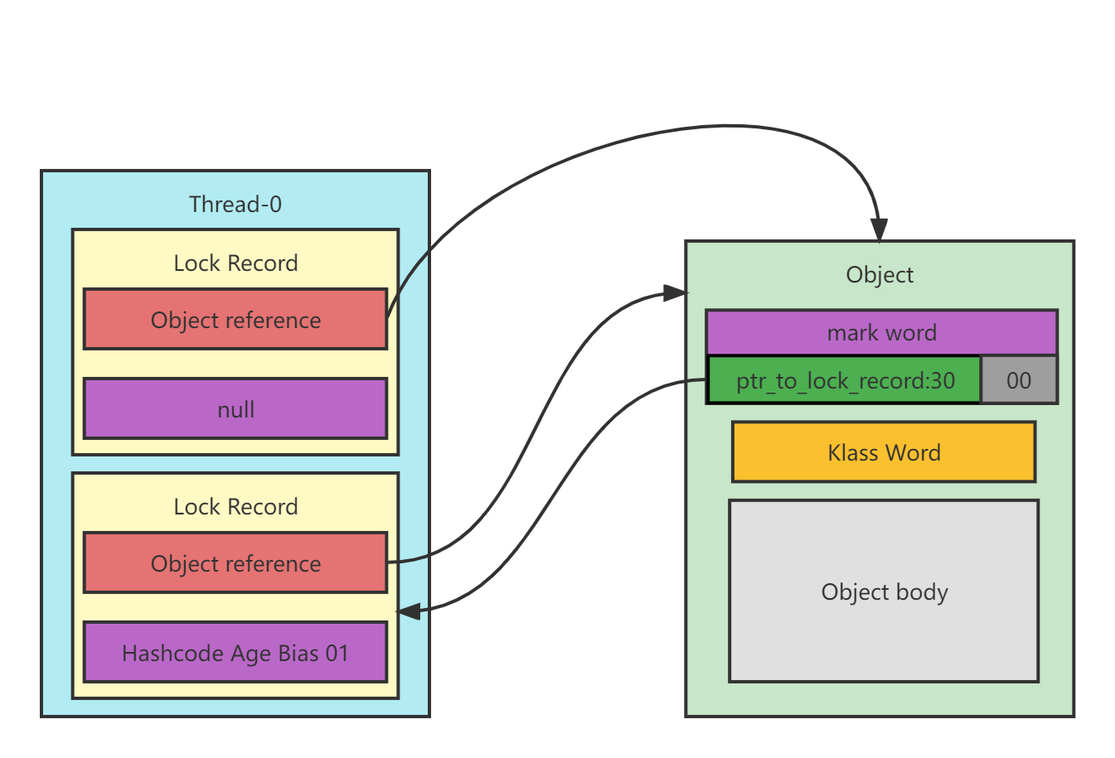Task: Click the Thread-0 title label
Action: point(235,204)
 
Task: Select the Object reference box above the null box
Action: point(235,320)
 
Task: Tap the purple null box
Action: point(235,409)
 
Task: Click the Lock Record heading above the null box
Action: point(235,263)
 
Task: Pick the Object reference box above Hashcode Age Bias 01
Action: point(235,563)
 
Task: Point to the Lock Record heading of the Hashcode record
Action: point(235,507)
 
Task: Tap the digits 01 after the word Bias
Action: point(337,654)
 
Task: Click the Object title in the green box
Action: point(880,275)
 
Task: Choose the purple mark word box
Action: point(881,333)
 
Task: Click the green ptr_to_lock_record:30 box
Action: point(844,380)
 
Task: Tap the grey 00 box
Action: point(1019,380)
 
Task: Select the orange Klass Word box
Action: point(884,452)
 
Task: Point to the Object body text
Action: point(885,592)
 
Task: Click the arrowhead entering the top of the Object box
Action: point(879,230)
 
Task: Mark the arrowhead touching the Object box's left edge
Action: point(676,292)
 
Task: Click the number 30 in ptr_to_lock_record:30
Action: point(943,380)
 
